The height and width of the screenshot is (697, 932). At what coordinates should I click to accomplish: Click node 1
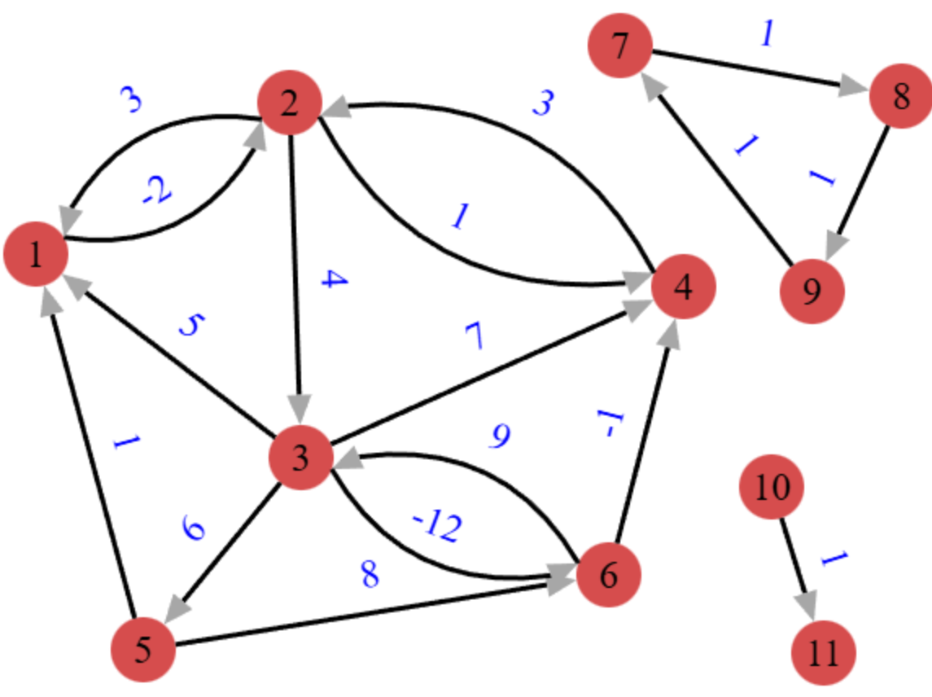(x=35, y=256)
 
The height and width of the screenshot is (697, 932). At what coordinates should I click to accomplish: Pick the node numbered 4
(x=683, y=287)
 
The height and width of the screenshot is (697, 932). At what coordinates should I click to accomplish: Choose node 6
(x=608, y=575)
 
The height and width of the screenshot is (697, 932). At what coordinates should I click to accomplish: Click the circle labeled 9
(x=812, y=291)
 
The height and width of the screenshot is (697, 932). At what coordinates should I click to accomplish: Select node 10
(x=771, y=488)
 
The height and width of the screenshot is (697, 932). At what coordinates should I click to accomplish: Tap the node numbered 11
(x=824, y=653)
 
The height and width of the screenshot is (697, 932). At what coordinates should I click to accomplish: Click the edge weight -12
(x=438, y=528)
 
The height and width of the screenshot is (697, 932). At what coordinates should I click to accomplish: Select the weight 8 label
(x=370, y=575)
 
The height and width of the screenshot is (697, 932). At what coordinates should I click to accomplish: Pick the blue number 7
(x=475, y=337)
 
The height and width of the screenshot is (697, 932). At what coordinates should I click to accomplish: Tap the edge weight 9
(x=500, y=438)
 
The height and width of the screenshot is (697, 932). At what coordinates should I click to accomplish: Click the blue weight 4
(x=335, y=280)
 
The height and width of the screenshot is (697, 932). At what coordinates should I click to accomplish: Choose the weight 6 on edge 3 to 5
(x=194, y=530)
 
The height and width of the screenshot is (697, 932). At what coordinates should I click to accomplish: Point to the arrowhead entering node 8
(x=854, y=86)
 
